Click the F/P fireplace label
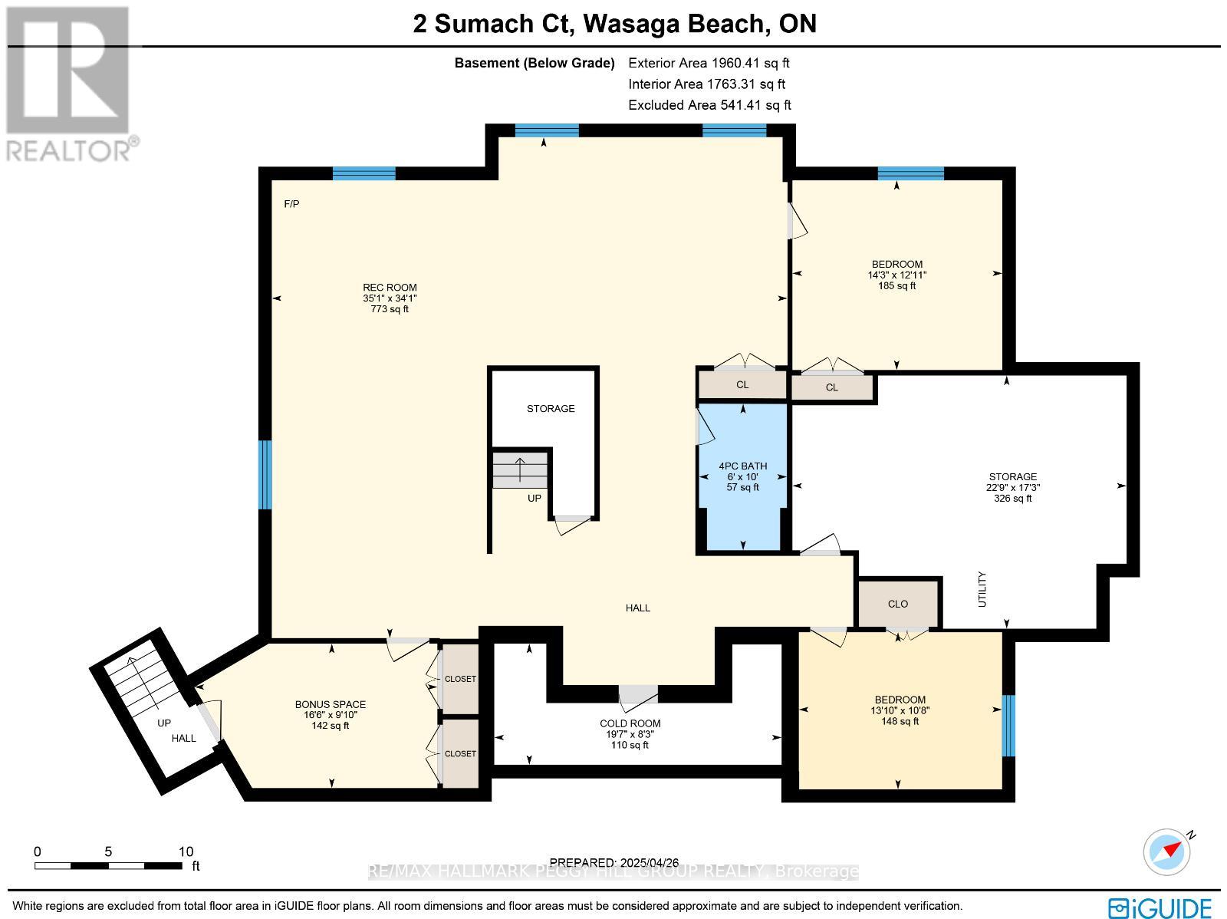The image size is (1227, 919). [x=291, y=204]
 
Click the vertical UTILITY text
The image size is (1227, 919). [x=982, y=589]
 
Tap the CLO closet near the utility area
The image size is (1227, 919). [x=898, y=604]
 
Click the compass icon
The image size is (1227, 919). [x=1167, y=851]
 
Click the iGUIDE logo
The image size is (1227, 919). [x=1160, y=907]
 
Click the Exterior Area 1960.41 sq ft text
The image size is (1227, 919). [x=709, y=63]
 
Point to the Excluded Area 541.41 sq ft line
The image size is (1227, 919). [x=709, y=105]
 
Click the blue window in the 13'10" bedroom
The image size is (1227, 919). [x=1008, y=726]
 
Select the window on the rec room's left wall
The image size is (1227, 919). [x=265, y=474]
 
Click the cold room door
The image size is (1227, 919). [x=638, y=693]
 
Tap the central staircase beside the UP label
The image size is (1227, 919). [x=520, y=469]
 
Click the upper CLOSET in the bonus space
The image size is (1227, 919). [x=460, y=679]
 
